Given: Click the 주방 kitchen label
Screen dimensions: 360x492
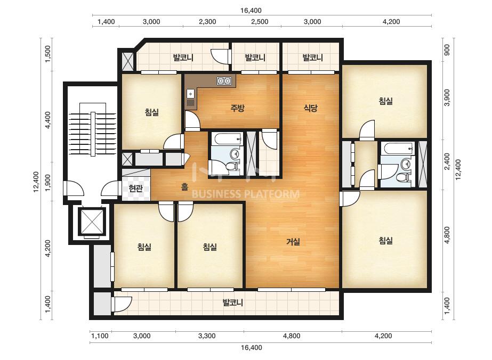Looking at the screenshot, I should (237, 108).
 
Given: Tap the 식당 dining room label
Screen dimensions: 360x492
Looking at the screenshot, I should (310, 108).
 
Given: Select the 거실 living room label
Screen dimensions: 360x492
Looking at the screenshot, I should (293, 241).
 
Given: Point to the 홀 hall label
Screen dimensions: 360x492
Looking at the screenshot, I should (184, 187).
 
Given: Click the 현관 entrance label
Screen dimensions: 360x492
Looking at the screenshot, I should (135, 189).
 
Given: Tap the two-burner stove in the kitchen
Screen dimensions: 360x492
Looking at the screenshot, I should (224, 81).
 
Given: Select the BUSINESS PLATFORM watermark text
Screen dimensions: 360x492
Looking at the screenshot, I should (245, 194).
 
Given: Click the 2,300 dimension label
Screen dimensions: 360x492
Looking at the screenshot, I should (207, 22).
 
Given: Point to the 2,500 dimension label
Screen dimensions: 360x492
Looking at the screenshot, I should (259, 22).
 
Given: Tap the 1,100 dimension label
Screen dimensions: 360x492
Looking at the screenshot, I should (100, 336).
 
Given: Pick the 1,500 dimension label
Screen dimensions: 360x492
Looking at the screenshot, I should (48, 54).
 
